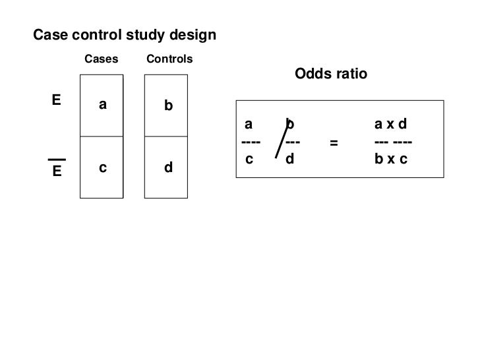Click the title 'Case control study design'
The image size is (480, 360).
125,34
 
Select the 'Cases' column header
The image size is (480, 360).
102,59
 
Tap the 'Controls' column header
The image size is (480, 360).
169,59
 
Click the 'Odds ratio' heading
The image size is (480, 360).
330,74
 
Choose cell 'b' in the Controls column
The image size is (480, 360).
168,105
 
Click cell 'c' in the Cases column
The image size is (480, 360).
103,168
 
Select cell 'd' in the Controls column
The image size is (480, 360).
168,168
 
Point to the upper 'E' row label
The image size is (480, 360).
56,100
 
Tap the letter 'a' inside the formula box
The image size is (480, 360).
249,124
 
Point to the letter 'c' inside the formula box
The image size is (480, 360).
249,160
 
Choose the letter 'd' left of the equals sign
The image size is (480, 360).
290,160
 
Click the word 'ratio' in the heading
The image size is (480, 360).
350,74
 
